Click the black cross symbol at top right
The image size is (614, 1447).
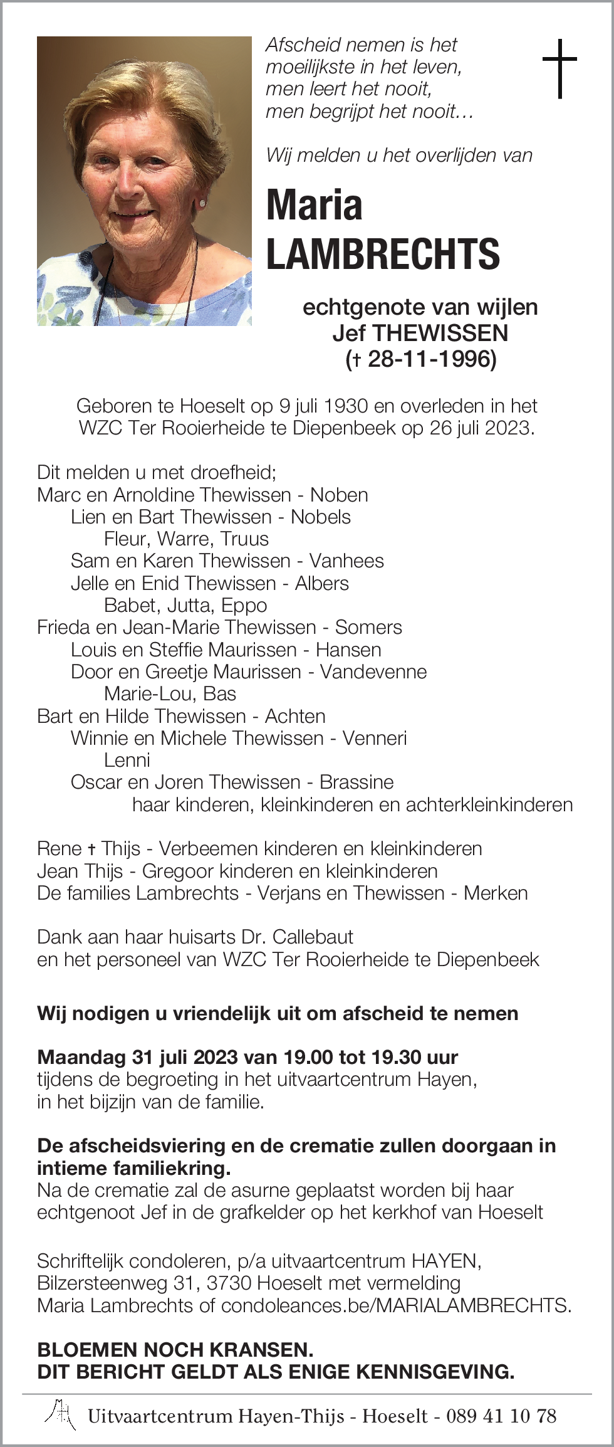[559, 68]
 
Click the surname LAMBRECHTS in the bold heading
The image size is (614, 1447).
[383, 254]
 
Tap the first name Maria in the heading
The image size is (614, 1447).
[315, 205]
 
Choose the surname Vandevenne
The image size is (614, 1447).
[373, 672]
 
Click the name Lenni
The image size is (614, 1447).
[127, 760]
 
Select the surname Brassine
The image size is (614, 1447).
[356, 782]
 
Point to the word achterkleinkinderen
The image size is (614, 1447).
[489, 805]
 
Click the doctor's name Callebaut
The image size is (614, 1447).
[313, 937]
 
